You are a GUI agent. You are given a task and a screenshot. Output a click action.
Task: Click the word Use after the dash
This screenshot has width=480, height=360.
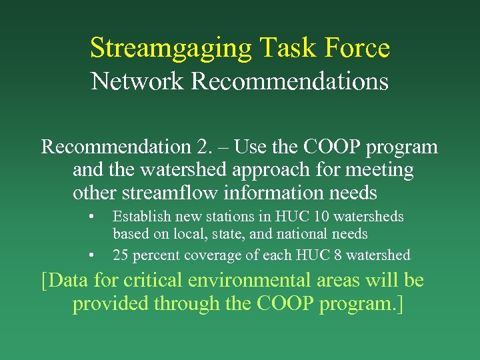[x=251, y=147]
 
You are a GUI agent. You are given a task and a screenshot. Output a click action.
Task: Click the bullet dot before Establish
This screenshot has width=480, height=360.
[x=91, y=217]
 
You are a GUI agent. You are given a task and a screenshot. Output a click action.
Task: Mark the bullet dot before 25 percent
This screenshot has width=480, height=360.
[x=91, y=255]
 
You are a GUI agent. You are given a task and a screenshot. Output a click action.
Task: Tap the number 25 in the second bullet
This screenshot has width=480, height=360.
[x=121, y=255]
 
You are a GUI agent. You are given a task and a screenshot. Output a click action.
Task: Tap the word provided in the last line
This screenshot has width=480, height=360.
[x=111, y=303]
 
